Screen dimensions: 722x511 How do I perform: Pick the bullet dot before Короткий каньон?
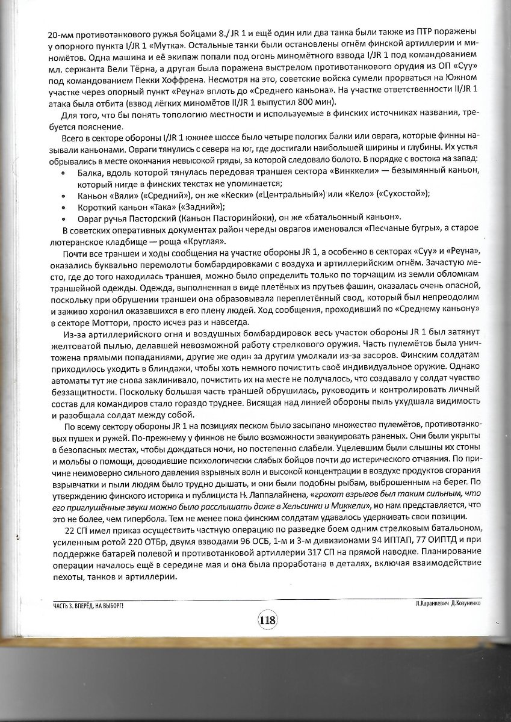coord(64,206)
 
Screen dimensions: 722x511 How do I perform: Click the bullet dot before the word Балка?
coord(64,173)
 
